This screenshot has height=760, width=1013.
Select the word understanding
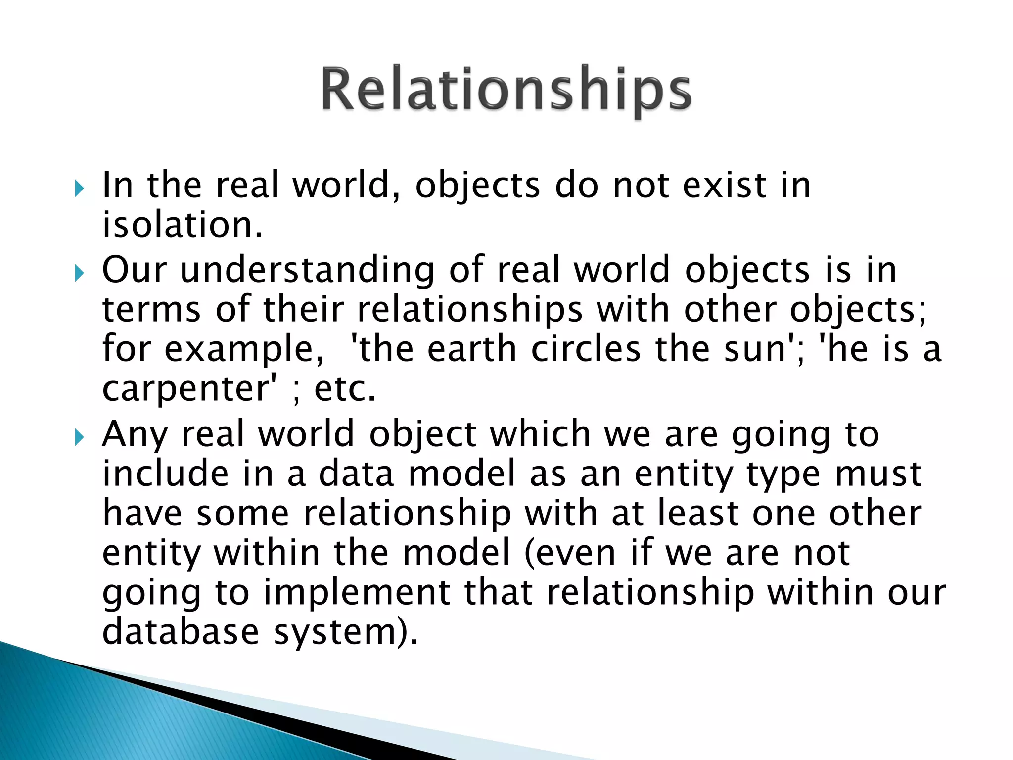(307, 270)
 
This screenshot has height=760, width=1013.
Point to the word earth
(472, 349)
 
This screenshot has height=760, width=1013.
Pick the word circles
(586, 349)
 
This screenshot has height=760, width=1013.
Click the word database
(181, 632)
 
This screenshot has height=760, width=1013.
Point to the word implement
(356, 593)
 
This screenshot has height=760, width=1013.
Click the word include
(166, 473)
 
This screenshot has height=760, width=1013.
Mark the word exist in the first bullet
(725, 186)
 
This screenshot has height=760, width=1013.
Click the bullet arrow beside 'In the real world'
(79, 188)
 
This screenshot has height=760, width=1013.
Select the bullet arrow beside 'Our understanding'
(79, 273)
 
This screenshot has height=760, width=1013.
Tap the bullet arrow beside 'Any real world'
(79, 437)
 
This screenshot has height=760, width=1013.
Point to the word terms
(151, 310)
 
